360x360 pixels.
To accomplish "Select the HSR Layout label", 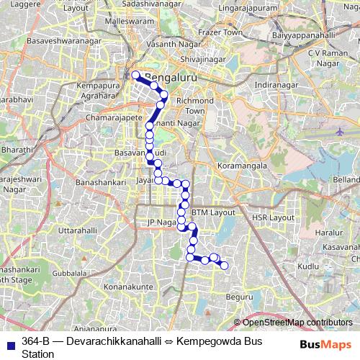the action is pos(273,217).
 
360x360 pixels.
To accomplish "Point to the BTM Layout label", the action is pos(214,212).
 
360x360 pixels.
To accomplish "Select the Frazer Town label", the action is pos(223,33).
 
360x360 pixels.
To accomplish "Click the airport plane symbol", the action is pos(340,132).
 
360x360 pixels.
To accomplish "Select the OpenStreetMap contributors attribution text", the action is pos(297,323).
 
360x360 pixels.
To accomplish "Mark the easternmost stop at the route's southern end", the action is pos(224,266).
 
